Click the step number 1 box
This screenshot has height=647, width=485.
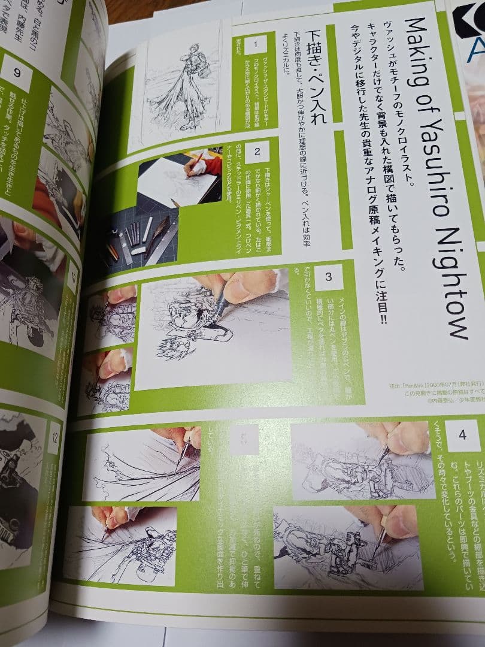point(256,45)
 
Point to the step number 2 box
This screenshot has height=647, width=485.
point(257,152)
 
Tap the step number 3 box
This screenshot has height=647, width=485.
point(328,277)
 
